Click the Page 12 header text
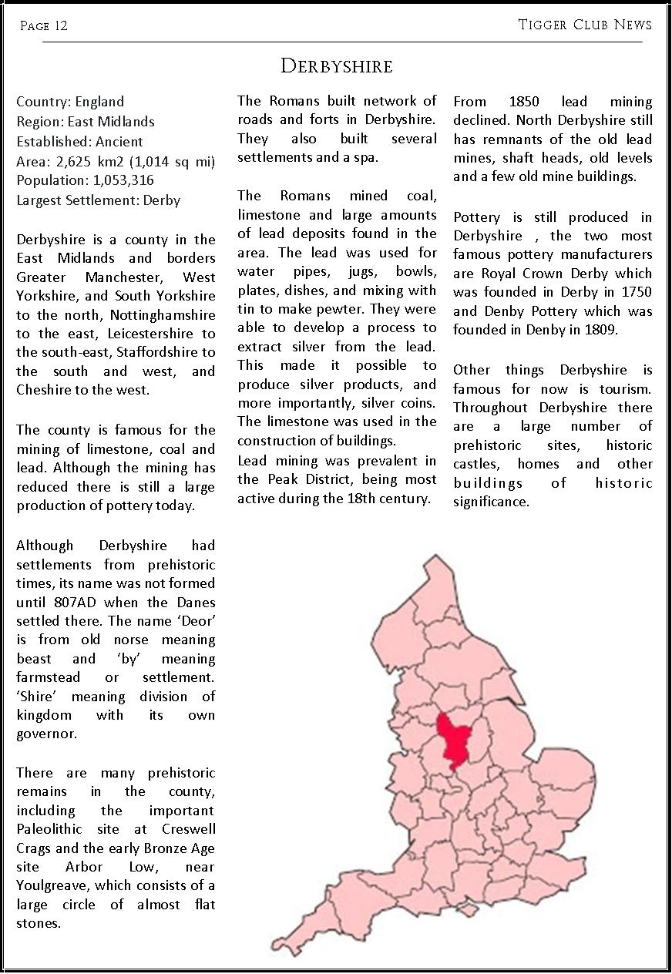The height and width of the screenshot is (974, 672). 44,25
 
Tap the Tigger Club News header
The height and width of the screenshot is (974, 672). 585,25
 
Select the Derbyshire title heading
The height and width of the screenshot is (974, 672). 336,66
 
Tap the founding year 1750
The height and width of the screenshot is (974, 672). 636,293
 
